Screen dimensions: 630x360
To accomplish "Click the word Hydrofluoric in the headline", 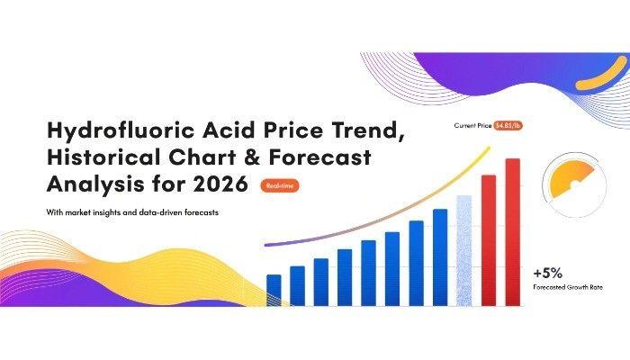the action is (x=121, y=130).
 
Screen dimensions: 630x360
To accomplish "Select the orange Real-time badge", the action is (x=280, y=185).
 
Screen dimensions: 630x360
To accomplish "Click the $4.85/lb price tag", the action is (x=508, y=126).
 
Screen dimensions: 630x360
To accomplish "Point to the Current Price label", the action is (x=472, y=125).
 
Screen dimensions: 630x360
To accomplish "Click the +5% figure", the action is (x=547, y=274).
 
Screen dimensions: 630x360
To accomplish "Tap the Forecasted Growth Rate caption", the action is (x=568, y=287).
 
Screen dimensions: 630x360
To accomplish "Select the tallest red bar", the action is (x=513, y=232).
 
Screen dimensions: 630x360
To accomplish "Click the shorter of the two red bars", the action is (x=489, y=240).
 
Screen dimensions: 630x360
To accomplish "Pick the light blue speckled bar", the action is (x=464, y=251).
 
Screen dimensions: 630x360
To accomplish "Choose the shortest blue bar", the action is (x=274, y=291).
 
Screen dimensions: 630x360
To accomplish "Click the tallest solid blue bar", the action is (x=440, y=257).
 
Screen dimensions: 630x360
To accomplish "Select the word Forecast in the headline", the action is (x=319, y=157).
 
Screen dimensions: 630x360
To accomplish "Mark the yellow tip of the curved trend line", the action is (x=489, y=148).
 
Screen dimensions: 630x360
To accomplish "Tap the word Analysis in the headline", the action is (x=96, y=184).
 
